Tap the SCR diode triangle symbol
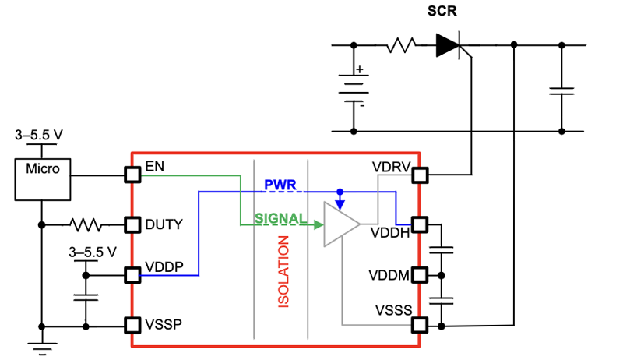[450, 45]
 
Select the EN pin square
[132, 175]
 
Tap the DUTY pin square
[132, 224]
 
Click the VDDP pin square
[132, 274]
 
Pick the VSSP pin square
[132, 324]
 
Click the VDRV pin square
[420, 175]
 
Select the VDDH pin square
[420, 224]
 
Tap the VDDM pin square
[420, 274]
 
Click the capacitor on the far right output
[561, 91]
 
